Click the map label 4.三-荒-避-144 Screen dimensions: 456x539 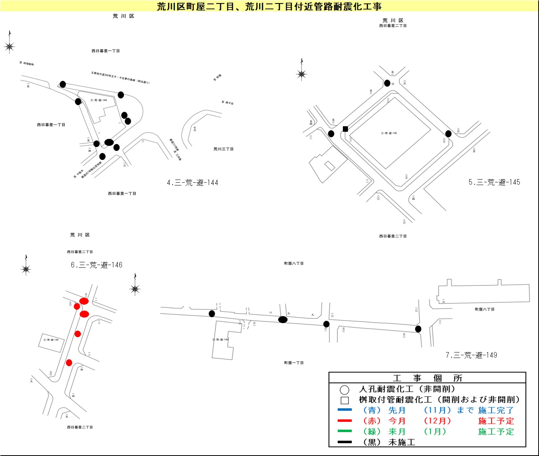tap(192, 182)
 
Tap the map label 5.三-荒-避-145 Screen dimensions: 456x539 tap(494, 182)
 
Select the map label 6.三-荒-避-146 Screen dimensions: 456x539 tap(97, 265)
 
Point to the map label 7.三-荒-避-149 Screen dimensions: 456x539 tap(471, 355)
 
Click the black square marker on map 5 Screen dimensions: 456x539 tap(345, 129)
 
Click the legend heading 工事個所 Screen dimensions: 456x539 tap(427, 378)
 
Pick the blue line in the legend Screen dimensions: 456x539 tap(345, 410)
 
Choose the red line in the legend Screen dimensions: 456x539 tap(345, 421)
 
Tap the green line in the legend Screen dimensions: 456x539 tap(345, 431)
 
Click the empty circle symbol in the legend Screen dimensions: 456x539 tap(344, 390)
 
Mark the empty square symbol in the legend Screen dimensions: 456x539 tap(345, 400)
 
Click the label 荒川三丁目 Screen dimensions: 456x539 tap(223, 149)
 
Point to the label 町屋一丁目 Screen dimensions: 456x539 tap(293, 363)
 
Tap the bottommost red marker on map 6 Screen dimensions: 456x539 tap(69, 363)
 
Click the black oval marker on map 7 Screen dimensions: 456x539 tap(283, 320)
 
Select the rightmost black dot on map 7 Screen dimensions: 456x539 tap(418, 329)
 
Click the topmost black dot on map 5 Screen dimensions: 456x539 tap(387, 83)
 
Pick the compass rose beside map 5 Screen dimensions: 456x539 tap(301, 73)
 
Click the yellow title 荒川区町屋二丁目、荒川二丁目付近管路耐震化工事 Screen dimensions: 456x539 tap(269, 6)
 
